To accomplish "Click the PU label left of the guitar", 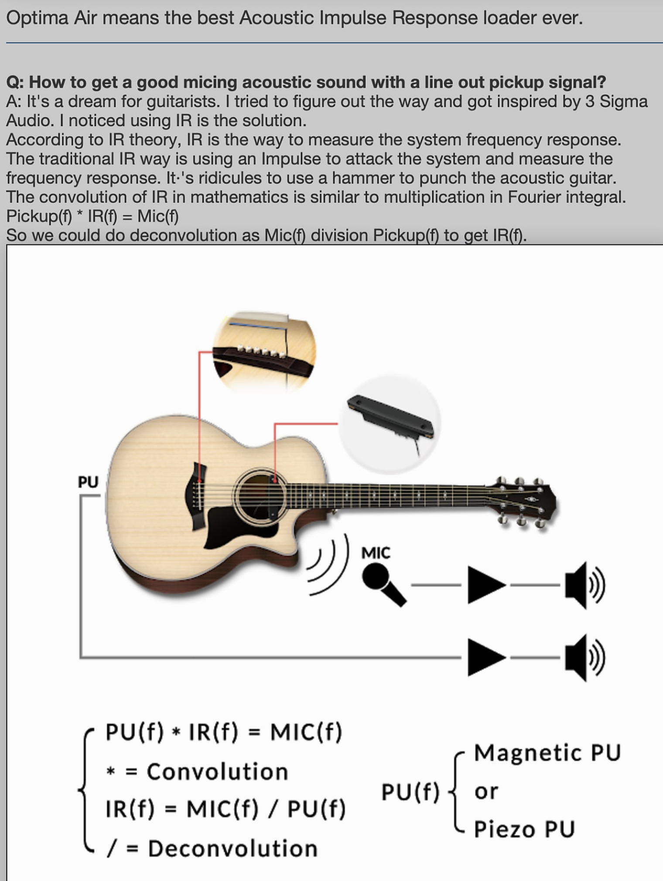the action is pos(88,482).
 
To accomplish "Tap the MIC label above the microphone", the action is pos(376,553).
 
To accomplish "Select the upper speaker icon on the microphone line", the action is pos(584,585).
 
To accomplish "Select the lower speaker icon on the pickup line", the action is pos(584,657).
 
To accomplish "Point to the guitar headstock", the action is pos(526,502).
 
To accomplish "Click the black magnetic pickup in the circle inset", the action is pos(390,417).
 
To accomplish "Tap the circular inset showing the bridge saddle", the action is pos(264,351).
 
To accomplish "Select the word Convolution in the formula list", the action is pos(217,772).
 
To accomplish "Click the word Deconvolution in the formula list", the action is pos(232,849).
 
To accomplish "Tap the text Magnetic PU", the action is pos(547,752).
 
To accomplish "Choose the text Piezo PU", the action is pos(525,829).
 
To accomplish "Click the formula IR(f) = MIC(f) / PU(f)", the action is pos(226,809).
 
